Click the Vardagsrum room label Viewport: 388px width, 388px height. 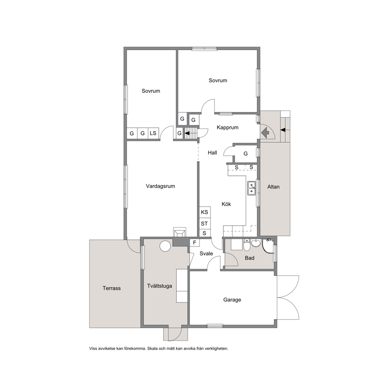pos(160,186)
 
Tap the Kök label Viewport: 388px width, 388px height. pos(226,204)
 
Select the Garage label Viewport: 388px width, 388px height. pos(232,300)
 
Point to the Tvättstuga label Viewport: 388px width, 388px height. pos(160,286)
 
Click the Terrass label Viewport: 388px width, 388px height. pos(111,288)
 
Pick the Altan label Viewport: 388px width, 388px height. pos(273,187)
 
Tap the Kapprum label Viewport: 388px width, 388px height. pos(228,128)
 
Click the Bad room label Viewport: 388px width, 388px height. pos(250,258)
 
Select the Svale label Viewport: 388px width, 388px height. pos(206,253)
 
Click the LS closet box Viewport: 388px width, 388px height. pos(153,133)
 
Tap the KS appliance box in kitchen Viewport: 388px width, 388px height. pos(205,212)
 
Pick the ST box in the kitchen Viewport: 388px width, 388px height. pos(205,224)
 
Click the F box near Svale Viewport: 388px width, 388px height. pos(195,242)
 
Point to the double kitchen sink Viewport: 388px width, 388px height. pos(252,188)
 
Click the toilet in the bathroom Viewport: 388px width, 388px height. pos(247,245)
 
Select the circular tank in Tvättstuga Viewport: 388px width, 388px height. pos(165,246)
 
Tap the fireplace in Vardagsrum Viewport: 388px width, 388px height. pos(180,233)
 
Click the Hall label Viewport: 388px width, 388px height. pos(212,153)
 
